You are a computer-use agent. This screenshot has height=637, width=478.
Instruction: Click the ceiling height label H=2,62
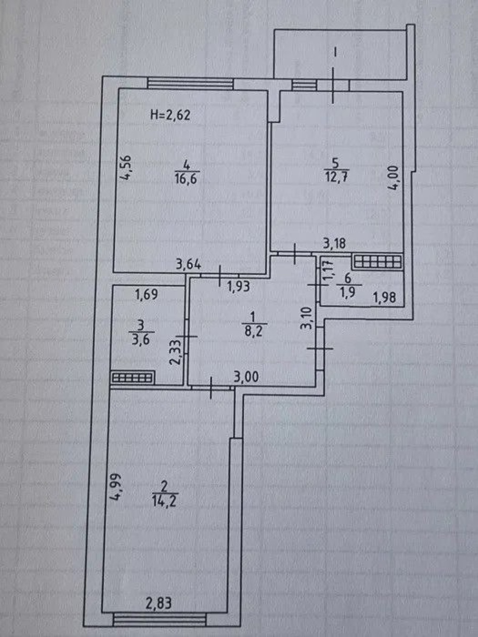coord(170,115)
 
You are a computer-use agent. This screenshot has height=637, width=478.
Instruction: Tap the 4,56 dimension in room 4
coord(126,168)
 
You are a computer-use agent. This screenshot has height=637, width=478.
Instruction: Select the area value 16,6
coord(186,179)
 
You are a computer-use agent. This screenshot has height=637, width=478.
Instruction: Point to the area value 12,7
coord(336,176)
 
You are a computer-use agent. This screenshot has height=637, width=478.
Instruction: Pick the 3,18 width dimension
coord(334,243)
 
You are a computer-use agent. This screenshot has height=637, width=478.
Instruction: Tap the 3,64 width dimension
coord(189,264)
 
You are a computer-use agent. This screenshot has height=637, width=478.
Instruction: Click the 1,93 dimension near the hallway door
coord(238,287)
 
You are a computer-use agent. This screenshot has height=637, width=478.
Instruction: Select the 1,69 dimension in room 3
coord(147,294)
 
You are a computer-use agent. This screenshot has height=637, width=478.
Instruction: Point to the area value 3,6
coord(141,339)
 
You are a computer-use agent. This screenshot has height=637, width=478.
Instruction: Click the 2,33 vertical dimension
coord(175,352)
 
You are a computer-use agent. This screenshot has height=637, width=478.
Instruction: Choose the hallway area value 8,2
coord(253,331)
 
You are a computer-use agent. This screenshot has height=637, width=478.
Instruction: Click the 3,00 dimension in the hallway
coord(246,377)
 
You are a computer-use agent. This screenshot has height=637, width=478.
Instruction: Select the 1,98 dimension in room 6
coord(384,297)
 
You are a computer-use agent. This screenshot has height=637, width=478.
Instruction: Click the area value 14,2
coord(164,501)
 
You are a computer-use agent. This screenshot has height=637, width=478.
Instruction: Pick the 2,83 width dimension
coord(159,600)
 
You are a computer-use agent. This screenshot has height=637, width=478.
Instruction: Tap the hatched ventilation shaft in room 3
coord(132,378)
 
